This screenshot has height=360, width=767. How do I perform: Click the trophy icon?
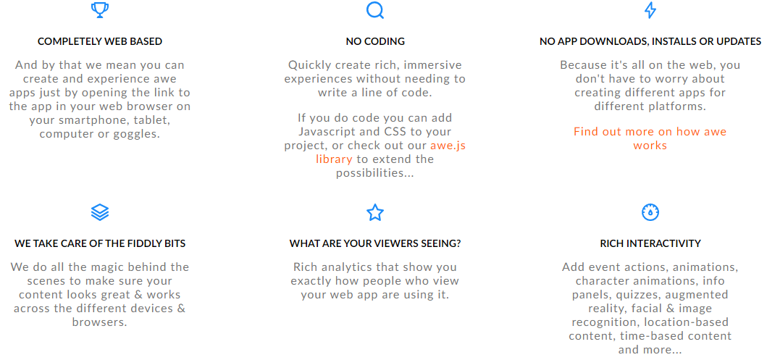tap(100, 10)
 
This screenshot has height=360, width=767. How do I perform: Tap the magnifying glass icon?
tap(375, 10)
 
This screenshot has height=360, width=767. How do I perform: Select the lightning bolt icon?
tap(650, 10)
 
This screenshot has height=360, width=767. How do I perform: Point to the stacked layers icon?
tap(100, 212)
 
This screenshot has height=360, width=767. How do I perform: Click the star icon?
tap(375, 212)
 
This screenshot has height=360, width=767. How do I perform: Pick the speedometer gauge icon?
tap(650, 212)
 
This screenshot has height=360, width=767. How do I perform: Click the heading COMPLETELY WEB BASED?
tap(100, 41)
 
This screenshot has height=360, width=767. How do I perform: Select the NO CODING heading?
tap(375, 41)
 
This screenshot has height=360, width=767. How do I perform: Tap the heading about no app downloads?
tap(650, 41)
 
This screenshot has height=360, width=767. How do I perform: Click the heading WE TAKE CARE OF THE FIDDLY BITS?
tap(100, 243)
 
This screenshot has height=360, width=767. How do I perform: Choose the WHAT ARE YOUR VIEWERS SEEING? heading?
tap(375, 243)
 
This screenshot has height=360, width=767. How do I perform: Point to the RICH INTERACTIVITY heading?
tap(650, 243)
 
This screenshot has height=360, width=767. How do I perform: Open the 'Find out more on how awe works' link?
tap(650, 138)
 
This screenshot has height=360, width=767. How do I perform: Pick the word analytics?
tap(350, 267)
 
